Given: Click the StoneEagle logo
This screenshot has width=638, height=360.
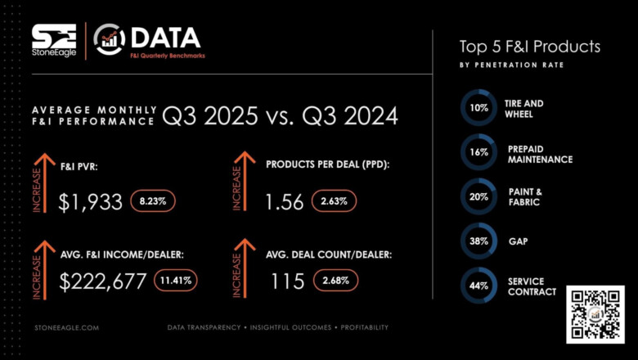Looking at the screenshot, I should [x=54, y=40].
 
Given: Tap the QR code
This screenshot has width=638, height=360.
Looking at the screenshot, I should [x=595, y=314].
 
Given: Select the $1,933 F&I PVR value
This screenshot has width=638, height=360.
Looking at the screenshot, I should [x=90, y=200].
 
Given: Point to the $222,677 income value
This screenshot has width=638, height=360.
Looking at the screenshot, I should [x=103, y=281].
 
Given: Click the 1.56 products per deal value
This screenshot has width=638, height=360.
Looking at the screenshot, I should [x=285, y=201].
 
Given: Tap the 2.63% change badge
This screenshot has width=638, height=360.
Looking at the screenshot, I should [x=335, y=201].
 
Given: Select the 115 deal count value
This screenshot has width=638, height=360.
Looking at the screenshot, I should [x=287, y=281].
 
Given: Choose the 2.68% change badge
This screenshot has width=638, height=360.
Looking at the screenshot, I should [x=335, y=281].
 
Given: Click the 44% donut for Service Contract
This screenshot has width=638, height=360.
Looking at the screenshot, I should [x=478, y=286].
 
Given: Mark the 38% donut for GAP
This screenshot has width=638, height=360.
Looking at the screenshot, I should [x=478, y=241].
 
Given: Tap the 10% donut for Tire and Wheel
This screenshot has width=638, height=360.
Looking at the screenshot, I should [x=478, y=108].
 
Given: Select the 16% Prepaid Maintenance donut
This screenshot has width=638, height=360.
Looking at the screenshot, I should [x=478, y=152].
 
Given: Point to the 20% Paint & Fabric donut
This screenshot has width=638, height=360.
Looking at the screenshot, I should [x=478, y=196].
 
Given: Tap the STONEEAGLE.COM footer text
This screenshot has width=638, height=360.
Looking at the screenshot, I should [x=68, y=327].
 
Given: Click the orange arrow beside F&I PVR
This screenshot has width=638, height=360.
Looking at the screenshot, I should [x=38, y=180].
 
